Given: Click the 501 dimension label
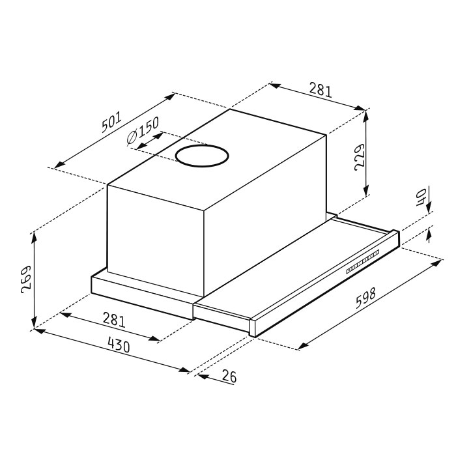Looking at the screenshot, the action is [111, 122].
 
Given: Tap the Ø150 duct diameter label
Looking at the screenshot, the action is [143, 130].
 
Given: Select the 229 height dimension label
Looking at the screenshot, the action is [360, 157].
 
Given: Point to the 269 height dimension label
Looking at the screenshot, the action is [26, 279].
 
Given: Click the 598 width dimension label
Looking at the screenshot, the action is [366, 298].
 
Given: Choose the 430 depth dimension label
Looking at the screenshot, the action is [119, 345].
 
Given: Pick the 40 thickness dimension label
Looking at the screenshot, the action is [421, 197].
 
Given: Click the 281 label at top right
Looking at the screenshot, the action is [321, 89].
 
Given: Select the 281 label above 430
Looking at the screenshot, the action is [114, 320].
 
